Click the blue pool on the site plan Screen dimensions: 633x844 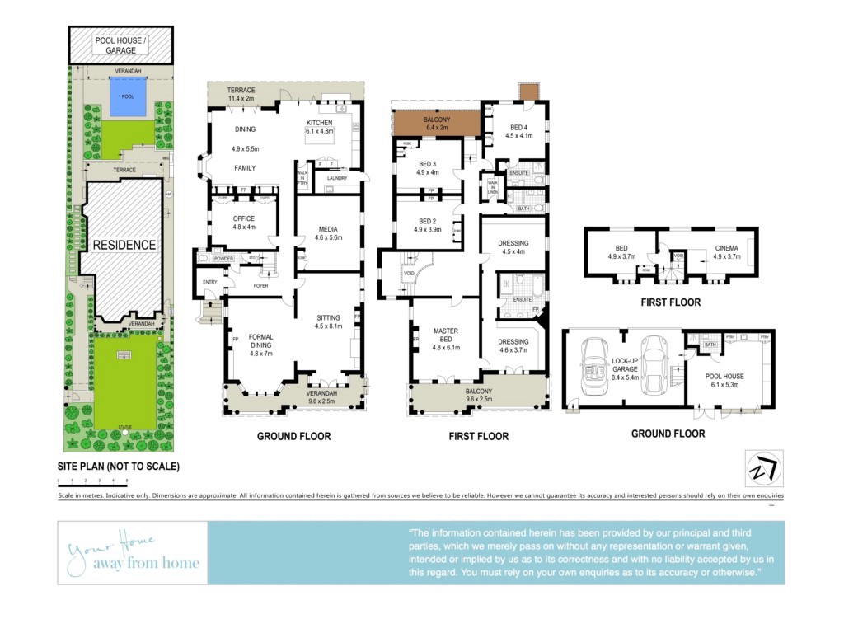(x=127, y=97)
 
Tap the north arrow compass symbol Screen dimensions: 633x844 (x=764, y=467)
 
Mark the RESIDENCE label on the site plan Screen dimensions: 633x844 (x=124, y=245)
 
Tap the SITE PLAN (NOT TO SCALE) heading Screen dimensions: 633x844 (x=119, y=467)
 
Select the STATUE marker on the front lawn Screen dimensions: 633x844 (x=124, y=429)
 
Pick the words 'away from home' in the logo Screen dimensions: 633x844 (x=146, y=564)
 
